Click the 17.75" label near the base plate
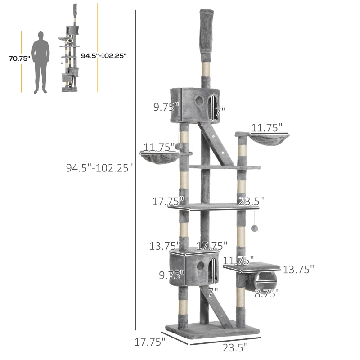150,342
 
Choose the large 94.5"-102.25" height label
99,168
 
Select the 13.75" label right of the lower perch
298,269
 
